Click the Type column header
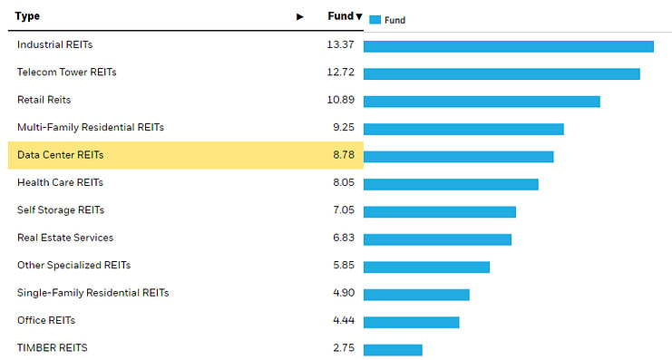tap(27, 16)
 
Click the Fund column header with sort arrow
tap(345, 16)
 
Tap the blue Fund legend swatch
tap(375, 20)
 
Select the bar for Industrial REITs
tap(508, 46)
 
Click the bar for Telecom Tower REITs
tap(502, 73)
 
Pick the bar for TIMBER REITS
tap(393, 349)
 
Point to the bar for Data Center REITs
tap(458, 156)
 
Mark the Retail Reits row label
tap(44, 100)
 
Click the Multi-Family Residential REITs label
tap(91, 128)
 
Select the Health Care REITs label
tap(60, 182)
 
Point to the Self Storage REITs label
tap(61, 210)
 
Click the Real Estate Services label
tap(65, 238)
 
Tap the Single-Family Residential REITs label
tap(93, 293)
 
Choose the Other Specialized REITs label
tap(73, 266)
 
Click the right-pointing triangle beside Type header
tap(300, 17)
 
